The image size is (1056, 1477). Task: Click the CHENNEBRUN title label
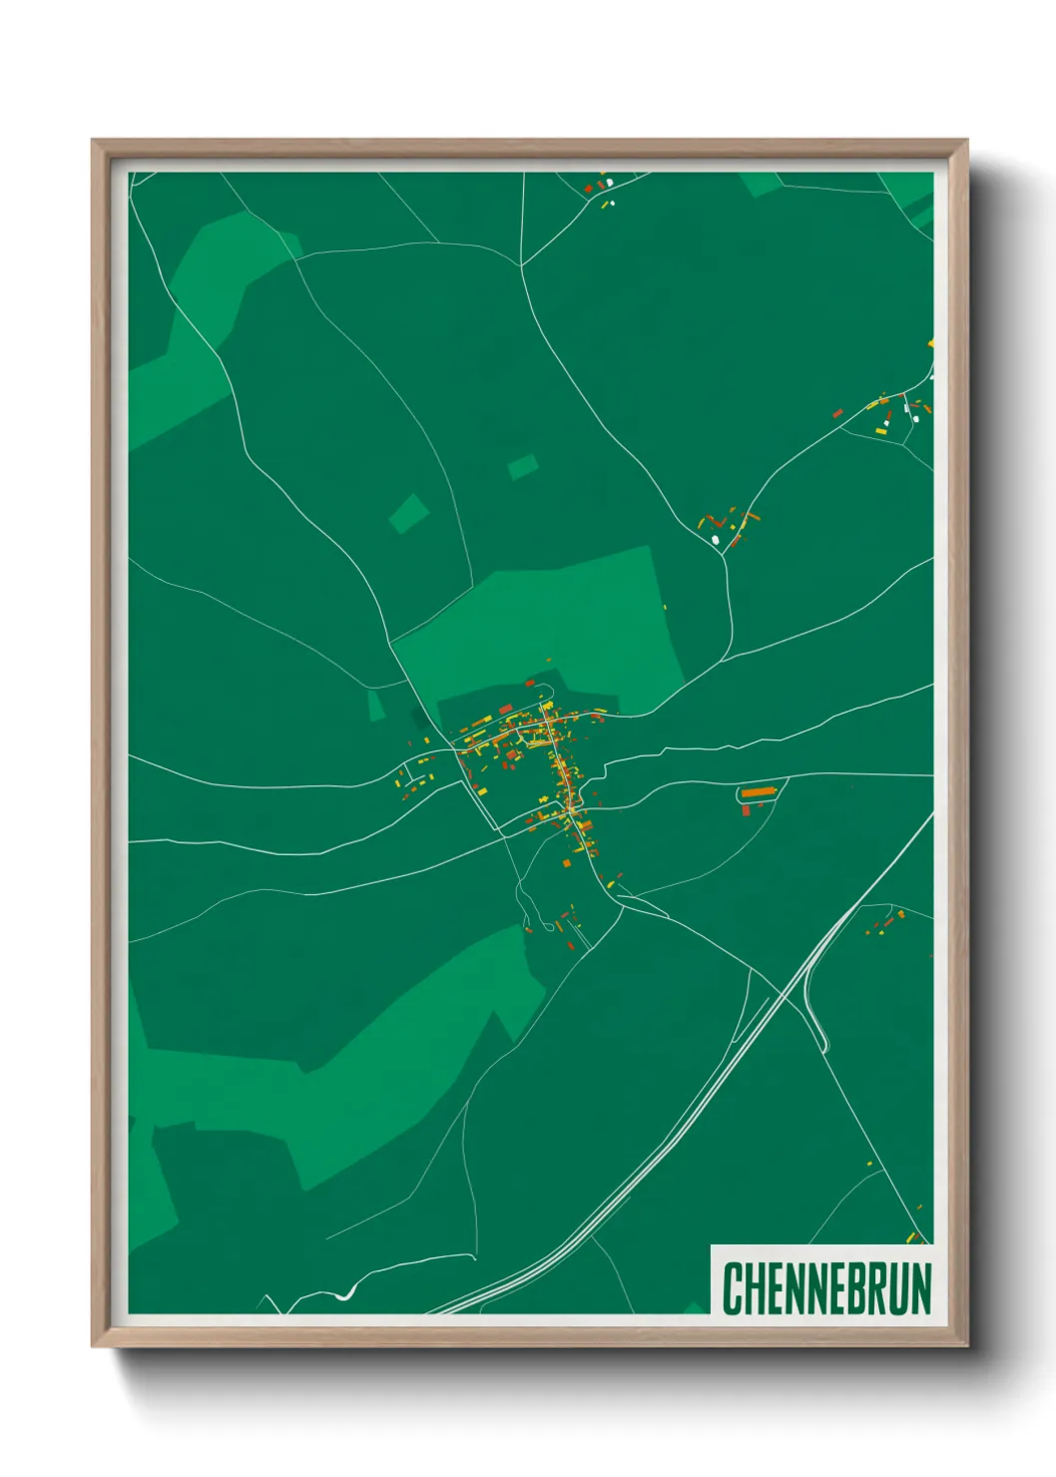tap(825, 1287)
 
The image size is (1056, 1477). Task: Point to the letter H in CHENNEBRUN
tap(753, 1288)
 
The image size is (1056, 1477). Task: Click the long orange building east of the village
tap(758, 792)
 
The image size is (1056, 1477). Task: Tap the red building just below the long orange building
tap(746, 810)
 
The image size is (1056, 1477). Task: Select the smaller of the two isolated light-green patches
tap(522, 466)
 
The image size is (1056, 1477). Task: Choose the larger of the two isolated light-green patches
tap(408, 513)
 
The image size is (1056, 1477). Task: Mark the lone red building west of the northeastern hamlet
tap(837, 412)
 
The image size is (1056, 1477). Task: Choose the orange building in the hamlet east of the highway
tap(899, 914)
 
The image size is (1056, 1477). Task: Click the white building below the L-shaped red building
tap(715, 540)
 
